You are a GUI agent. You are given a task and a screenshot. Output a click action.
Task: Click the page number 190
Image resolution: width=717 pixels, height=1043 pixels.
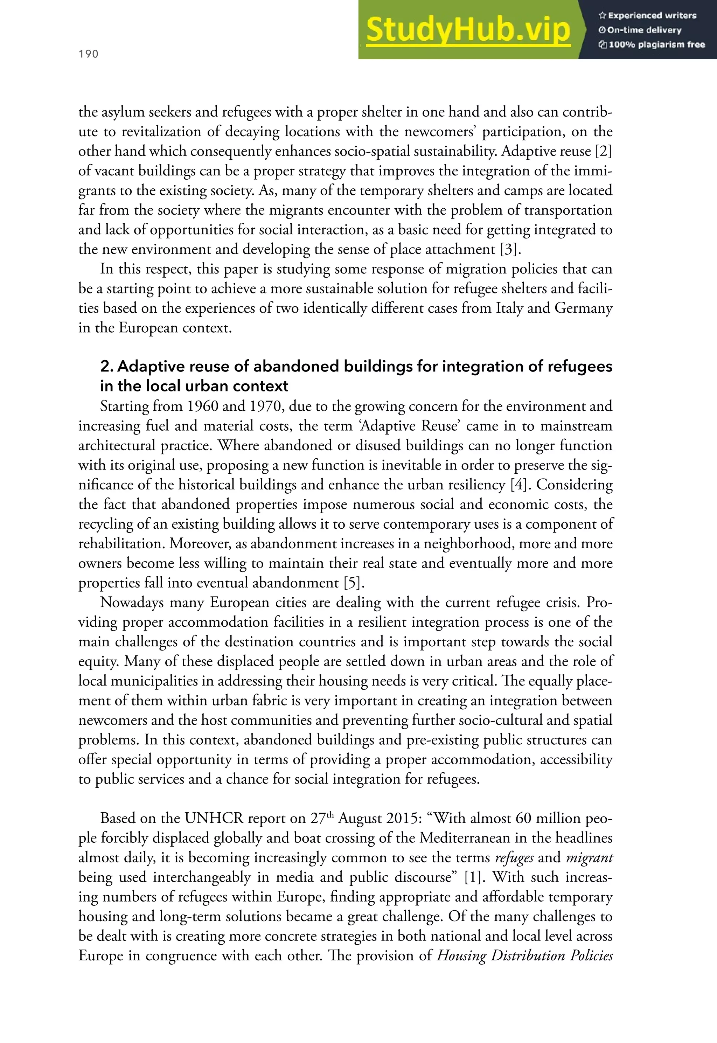(x=88, y=54)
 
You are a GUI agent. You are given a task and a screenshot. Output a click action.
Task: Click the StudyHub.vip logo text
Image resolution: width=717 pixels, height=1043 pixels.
(x=468, y=30)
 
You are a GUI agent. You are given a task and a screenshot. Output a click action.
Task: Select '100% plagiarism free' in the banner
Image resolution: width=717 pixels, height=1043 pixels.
(x=652, y=44)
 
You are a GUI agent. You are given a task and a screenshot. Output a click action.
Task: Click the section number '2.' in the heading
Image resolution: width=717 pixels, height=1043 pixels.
(x=107, y=367)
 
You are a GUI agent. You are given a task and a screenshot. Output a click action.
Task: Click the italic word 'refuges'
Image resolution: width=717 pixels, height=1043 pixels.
(x=514, y=857)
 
